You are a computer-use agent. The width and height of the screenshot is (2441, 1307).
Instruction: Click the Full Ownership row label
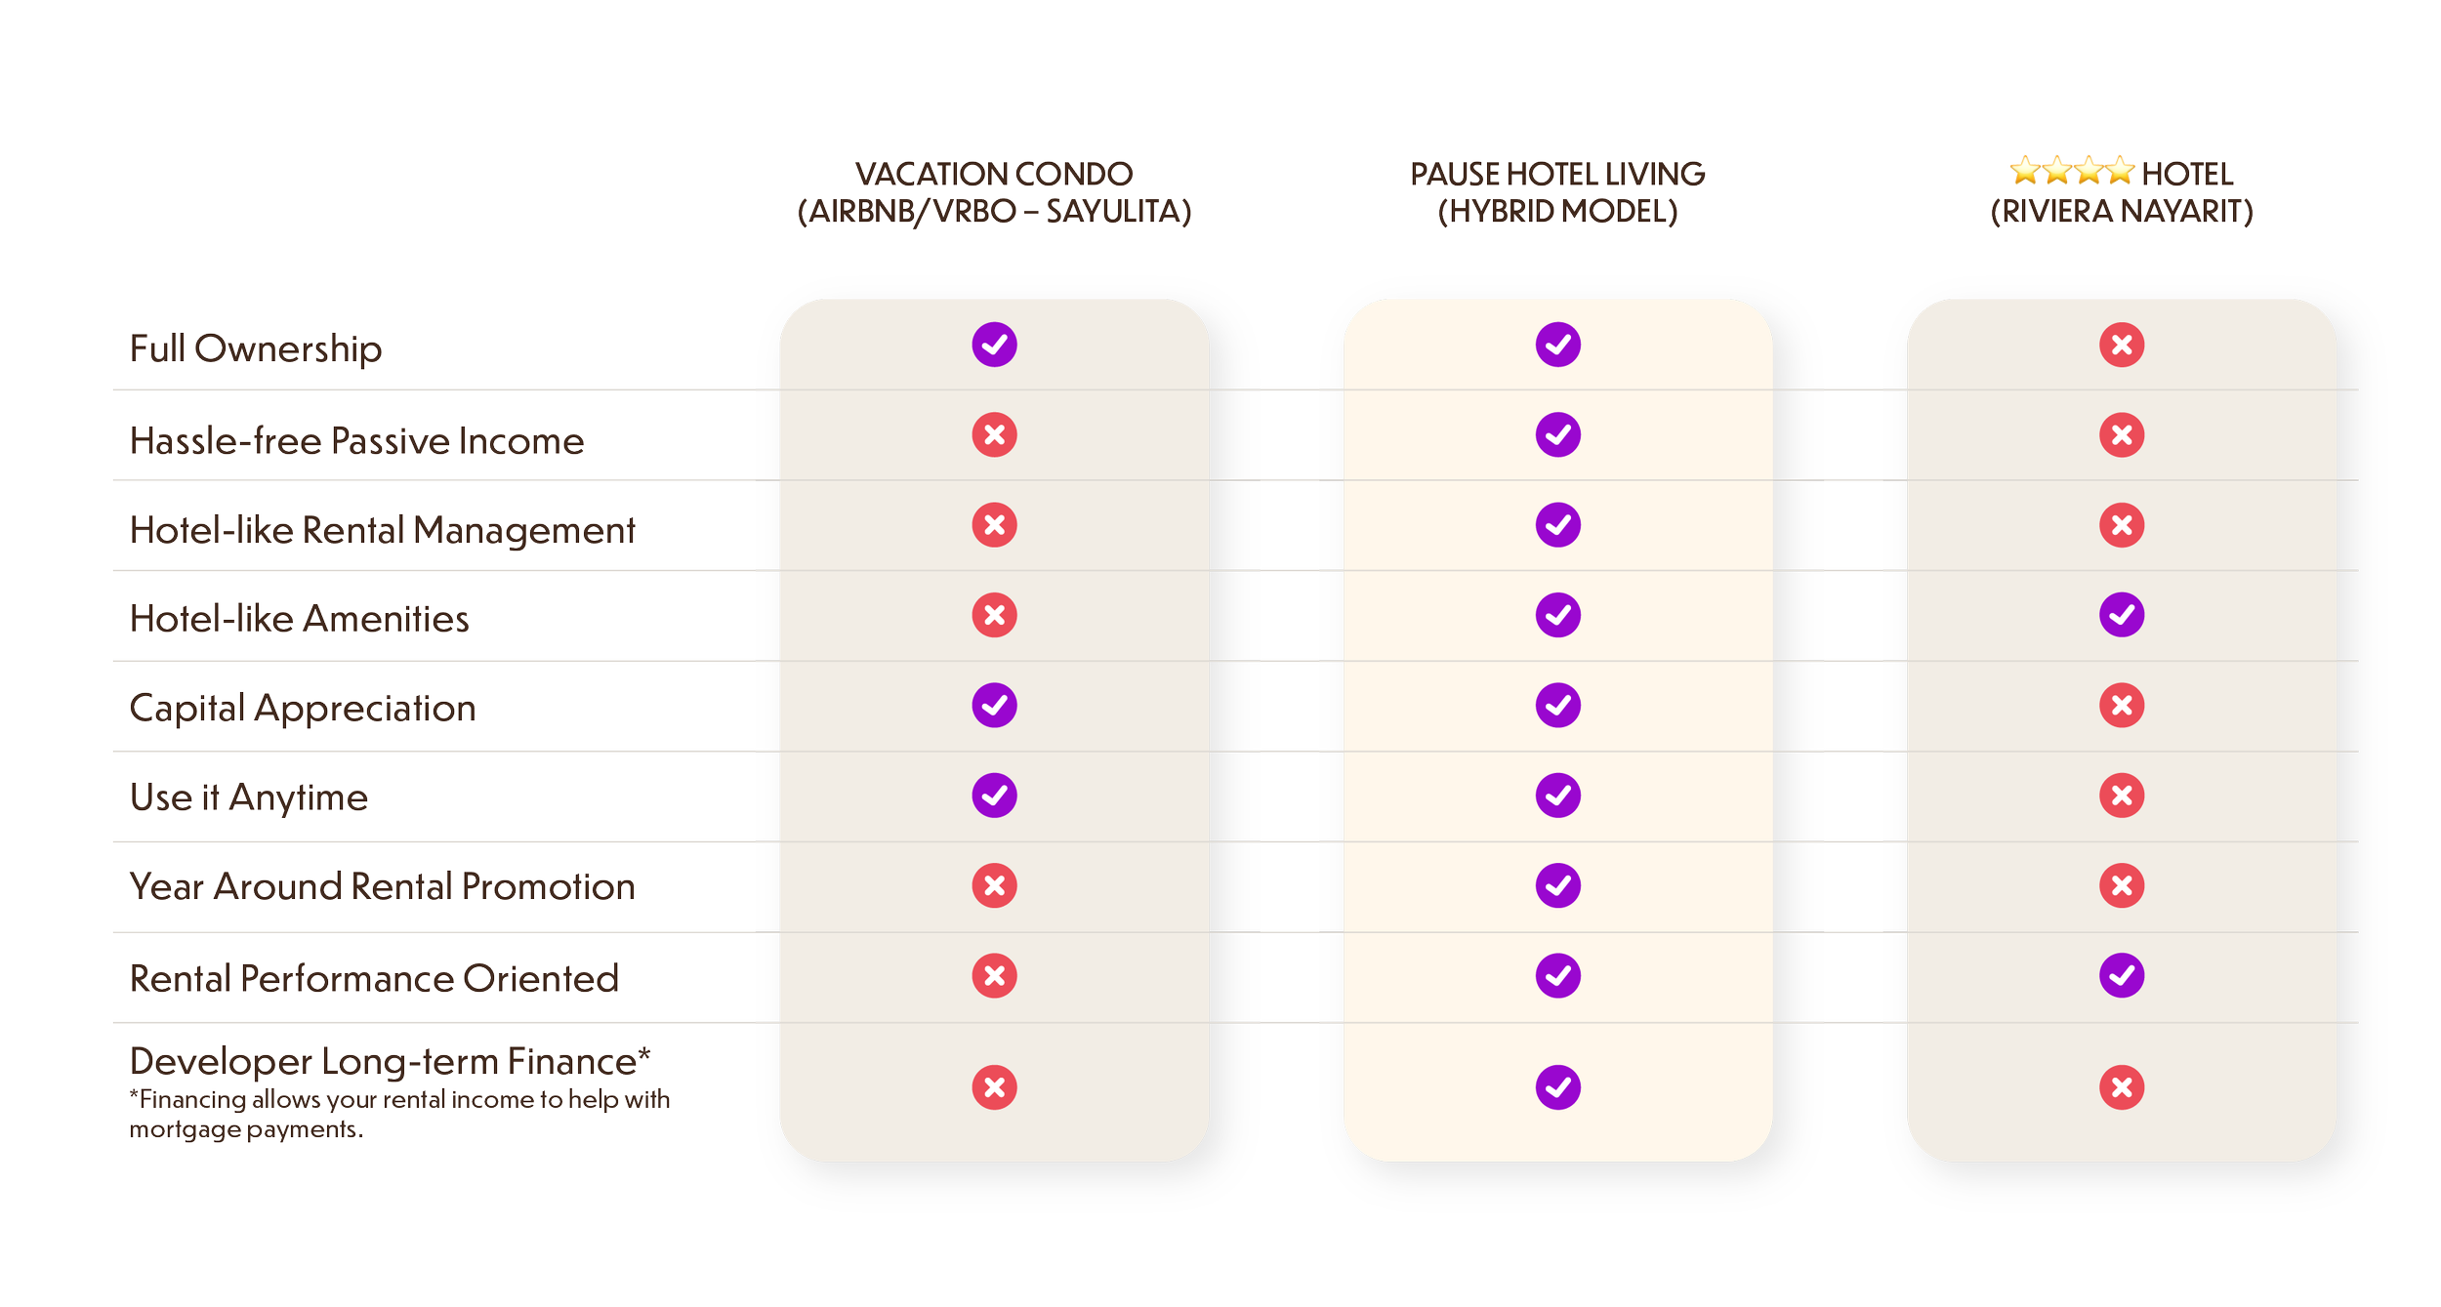point(256,348)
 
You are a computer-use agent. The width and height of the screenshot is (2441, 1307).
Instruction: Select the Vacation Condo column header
point(994,192)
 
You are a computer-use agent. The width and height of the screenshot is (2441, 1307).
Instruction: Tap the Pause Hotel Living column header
point(1557,192)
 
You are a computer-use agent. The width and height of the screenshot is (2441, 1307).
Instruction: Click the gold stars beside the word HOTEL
point(2071,172)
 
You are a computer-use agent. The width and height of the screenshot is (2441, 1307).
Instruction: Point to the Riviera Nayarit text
point(2122,212)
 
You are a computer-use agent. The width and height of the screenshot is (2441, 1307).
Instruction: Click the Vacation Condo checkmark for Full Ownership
point(994,345)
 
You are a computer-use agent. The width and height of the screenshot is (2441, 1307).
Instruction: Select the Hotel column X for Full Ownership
point(2122,345)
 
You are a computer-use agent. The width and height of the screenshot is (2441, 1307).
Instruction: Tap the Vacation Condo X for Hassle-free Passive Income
point(994,434)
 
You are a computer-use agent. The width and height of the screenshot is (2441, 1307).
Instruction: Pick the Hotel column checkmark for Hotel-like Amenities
point(2122,615)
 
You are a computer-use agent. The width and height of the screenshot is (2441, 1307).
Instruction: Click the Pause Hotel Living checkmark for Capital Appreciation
point(1557,705)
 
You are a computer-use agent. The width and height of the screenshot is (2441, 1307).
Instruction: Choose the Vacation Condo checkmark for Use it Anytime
point(994,796)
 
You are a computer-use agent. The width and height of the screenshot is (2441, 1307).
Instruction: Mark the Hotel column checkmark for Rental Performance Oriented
point(2122,975)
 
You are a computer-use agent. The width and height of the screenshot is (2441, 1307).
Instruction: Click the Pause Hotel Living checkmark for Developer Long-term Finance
point(1557,1087)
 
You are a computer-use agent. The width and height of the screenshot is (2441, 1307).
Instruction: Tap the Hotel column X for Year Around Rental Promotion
point(2122,885)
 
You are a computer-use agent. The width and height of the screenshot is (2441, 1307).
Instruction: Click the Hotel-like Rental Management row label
point(382,530)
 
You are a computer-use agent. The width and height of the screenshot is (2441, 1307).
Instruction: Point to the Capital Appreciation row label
point(303,708)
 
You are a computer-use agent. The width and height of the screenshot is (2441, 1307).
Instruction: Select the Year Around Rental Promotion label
point(382,886)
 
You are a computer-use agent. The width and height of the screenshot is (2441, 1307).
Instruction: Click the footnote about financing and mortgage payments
point(399,1114)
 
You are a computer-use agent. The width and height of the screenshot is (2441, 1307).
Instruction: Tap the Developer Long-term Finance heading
point(390,1061)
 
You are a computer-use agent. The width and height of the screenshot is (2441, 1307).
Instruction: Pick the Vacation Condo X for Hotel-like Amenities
point(994,615)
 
